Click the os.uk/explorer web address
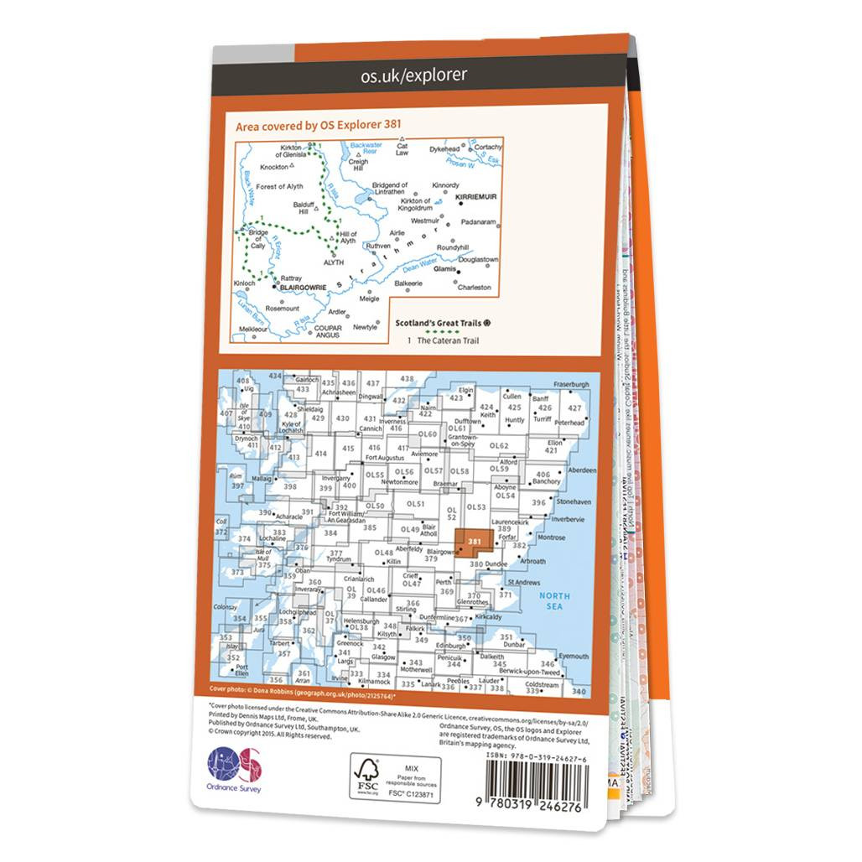coord(413,75)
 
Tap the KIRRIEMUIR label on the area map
coord(476,201)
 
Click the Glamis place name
coord(444,270)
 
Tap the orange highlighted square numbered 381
coord(475,542)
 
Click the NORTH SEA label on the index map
coord(553,601)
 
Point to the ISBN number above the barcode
coord(536,757)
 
